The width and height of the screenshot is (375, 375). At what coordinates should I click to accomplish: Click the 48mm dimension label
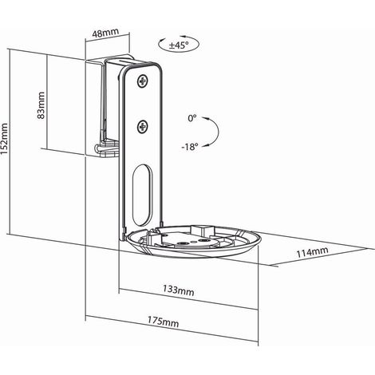105,32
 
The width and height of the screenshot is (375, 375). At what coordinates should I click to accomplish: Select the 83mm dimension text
41,105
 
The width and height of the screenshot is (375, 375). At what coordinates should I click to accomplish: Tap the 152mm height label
4,138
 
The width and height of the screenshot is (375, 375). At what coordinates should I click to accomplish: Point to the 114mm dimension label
312,252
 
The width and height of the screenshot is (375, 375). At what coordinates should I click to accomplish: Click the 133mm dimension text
179,290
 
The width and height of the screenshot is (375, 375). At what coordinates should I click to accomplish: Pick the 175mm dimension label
164,322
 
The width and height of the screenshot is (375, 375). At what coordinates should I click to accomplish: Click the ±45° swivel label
179,45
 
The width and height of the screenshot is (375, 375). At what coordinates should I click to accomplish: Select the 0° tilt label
192,118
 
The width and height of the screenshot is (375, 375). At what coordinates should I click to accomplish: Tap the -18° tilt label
190,147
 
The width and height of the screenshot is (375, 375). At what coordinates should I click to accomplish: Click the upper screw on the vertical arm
143,81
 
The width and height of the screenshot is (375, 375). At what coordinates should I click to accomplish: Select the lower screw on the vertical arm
143,127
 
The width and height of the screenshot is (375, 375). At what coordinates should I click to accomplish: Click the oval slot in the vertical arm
143,195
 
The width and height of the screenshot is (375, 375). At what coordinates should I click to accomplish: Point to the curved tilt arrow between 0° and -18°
219,132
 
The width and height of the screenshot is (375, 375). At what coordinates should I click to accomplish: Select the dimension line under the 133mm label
188,299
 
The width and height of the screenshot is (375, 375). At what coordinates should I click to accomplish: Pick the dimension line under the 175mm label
172,330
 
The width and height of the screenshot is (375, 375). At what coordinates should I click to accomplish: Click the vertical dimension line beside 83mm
47,102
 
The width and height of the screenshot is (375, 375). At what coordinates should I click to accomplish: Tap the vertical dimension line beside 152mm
10,141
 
